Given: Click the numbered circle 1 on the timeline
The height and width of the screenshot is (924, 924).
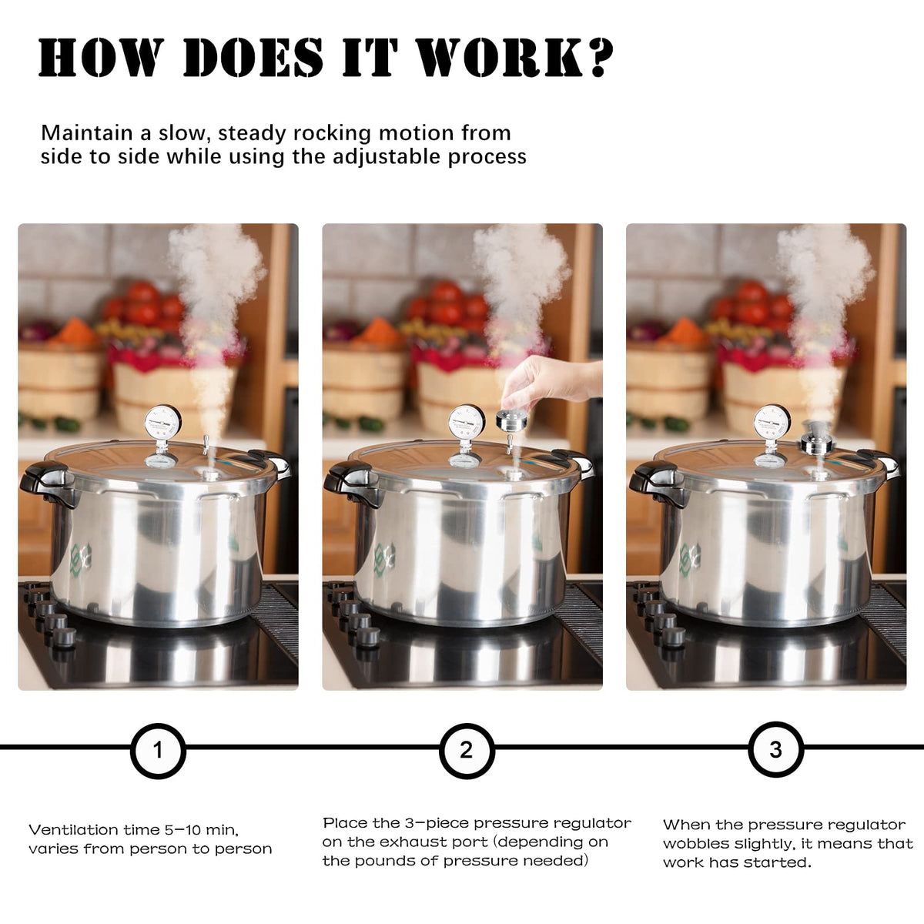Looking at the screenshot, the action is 158,751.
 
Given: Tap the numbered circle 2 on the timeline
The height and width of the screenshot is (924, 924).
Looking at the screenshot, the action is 467,751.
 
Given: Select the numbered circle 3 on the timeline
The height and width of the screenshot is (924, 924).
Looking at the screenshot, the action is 775,749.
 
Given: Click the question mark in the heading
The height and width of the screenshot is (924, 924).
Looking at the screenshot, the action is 599,58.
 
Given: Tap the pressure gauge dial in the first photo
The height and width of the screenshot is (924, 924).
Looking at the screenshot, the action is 161,423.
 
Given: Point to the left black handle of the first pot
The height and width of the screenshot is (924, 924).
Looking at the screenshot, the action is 46,483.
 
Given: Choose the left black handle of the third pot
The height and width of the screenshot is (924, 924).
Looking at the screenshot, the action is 655,483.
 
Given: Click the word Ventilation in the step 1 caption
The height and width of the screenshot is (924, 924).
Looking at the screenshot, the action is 73,829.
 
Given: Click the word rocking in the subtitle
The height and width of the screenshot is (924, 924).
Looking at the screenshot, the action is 332,134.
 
